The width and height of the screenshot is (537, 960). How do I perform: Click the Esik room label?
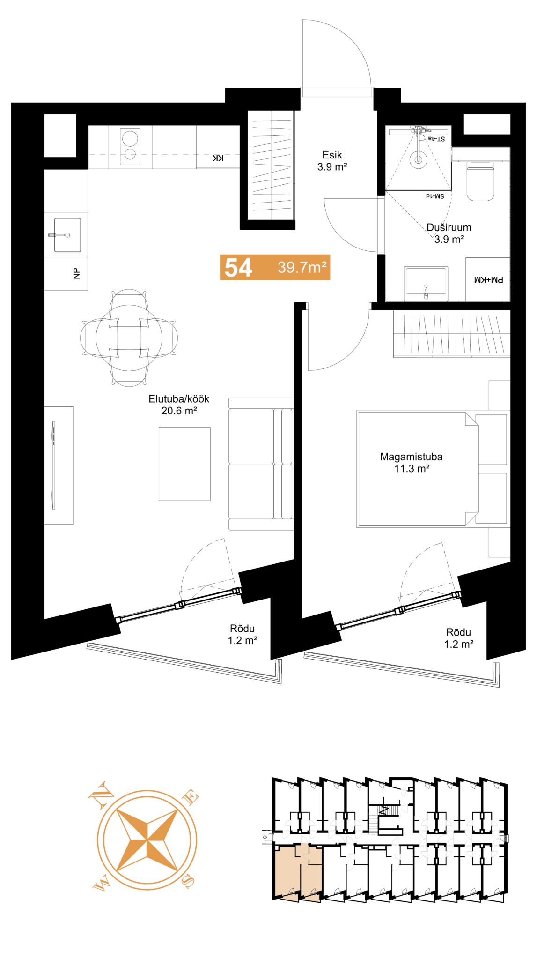tap(332, 155)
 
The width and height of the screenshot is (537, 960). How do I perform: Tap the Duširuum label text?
tap(449, 227)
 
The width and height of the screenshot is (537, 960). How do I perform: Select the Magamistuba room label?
tap(411, 457)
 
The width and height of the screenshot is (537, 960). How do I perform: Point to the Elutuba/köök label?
tap(179, 399)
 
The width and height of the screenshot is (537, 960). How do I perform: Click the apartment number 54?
tap(238, 268)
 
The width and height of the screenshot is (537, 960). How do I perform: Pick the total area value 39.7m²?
tap(302, 267)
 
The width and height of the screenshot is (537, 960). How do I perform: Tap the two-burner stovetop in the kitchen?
tap(130, 147)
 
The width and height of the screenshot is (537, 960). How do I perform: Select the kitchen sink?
tap(67, 235)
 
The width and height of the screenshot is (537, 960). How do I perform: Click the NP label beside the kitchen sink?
tap(77, 274)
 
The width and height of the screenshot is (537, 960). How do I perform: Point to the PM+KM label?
tap(488, 280)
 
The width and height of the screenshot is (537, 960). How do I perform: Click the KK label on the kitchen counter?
tap(218, 158)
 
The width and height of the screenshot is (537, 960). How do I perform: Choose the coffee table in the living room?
tap(184, 464)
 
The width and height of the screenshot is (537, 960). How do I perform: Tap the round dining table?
tap(129, 337)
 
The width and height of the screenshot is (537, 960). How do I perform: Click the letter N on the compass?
tap(101, 795)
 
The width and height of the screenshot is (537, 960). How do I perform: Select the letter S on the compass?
tap(188, 882)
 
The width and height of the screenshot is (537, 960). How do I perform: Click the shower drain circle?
tap(418, 159)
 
